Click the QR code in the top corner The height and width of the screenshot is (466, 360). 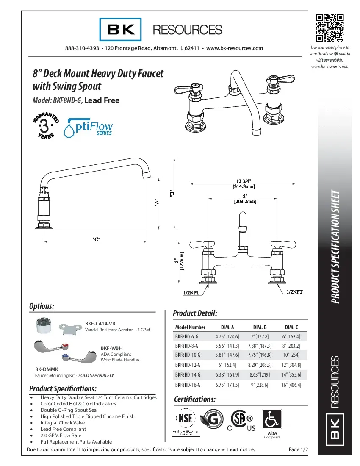point(330,28)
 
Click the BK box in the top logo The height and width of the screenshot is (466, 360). point(121,29)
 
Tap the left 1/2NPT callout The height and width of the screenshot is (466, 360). point(191,292)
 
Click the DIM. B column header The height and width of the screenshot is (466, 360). point(260,327)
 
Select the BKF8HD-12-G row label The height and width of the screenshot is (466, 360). point(188,364)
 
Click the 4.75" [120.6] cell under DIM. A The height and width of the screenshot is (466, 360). point(227,336)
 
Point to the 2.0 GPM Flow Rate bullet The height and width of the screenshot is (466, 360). point(61,435)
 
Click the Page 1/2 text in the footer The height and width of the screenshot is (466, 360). point(298,449)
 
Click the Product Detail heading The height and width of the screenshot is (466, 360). point(195,313)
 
